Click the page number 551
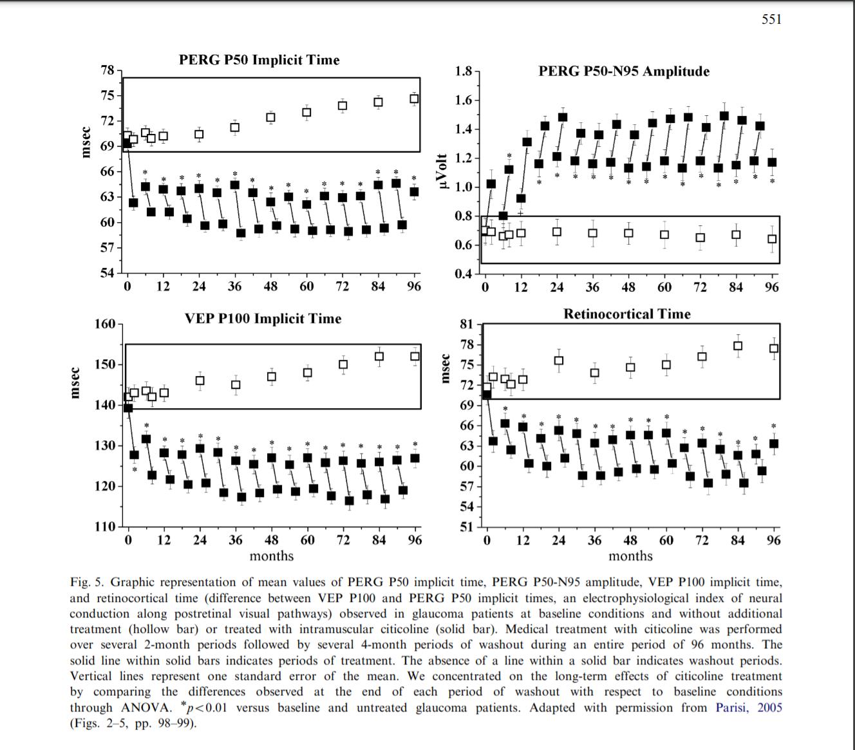771,19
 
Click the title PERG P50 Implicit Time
259,60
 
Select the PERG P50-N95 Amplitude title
624,71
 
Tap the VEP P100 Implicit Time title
263,319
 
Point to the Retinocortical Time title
626,314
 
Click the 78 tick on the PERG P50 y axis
107,70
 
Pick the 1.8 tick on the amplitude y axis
463,71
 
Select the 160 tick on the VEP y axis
104,324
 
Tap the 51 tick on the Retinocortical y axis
466,527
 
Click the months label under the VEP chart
271,556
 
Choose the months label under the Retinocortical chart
630,556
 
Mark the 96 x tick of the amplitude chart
771,287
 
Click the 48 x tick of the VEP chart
272,540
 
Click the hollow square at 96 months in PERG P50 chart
414,98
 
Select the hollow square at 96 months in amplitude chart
772,239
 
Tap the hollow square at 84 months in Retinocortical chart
738,346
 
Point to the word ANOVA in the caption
146,708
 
